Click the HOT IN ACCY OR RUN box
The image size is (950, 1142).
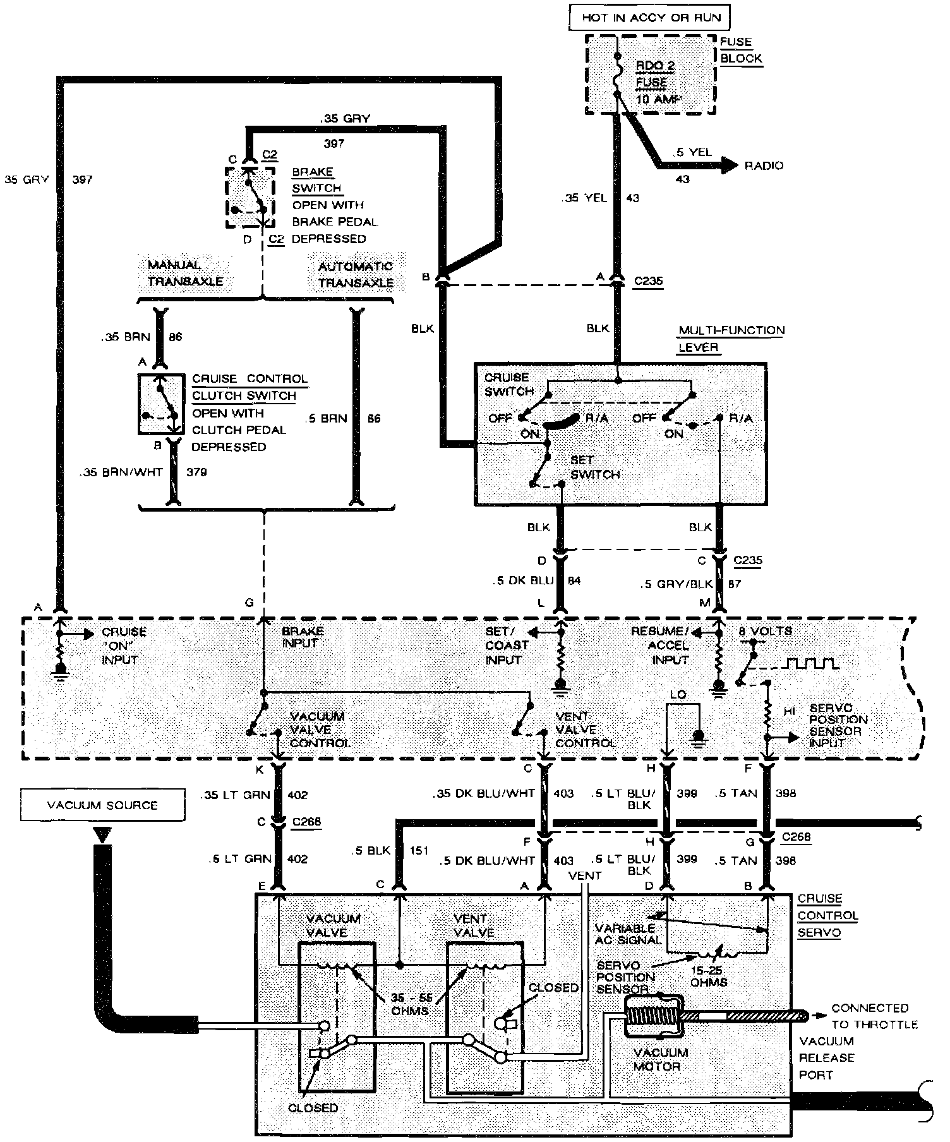click(651, 18)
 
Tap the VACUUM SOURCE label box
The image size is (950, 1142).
click(102, 805)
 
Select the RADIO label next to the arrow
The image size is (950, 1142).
click(764, 165)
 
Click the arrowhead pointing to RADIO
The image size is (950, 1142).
click(729, 165)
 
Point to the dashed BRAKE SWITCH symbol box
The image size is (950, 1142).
click(250, 197)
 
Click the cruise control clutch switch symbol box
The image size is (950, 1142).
click(162, 404)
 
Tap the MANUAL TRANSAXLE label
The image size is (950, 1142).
click(186, 273)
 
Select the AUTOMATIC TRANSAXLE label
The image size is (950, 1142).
click(356, 275)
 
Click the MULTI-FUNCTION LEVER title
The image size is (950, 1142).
click(731, 339)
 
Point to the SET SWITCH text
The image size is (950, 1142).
click(594, 467)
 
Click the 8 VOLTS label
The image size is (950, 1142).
click(764, 630)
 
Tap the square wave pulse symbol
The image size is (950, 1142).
click(812, 663)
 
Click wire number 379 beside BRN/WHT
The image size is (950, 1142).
click(196, 472)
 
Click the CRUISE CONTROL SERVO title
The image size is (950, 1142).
click(827, 915)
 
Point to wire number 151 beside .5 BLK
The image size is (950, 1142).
click(419, 850)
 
